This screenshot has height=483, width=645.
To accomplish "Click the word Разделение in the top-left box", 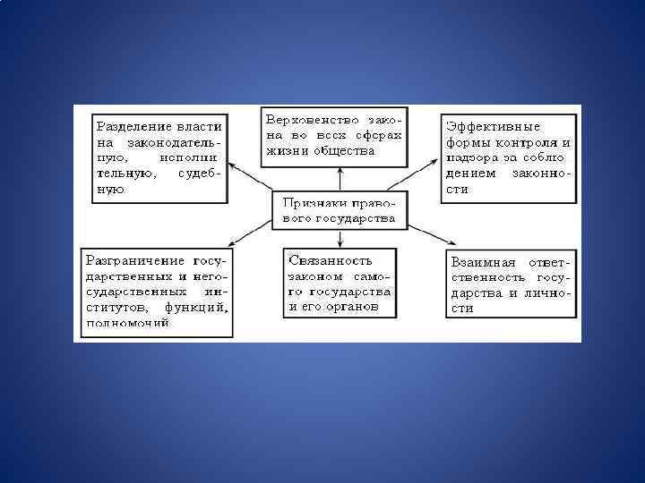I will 132,125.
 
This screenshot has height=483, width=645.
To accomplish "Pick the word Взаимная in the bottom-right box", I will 484,263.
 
